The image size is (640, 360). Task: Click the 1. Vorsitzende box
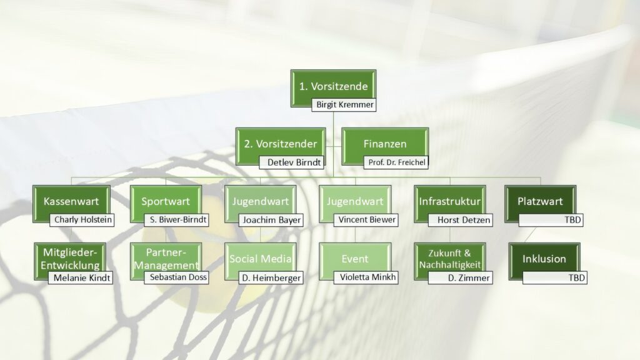click(334, 86)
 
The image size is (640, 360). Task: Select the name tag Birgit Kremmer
click(344, 104)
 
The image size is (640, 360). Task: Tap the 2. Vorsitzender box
click(281, 143)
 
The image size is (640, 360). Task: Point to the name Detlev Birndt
click(292, 162)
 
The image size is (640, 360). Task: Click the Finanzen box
click(385, 143)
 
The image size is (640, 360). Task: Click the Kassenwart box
click(71, 201)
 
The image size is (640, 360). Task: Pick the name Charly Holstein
click(82, 220)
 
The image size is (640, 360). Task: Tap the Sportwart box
click(166, 201)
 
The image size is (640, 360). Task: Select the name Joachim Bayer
click(272, 220)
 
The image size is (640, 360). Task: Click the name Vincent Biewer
click(366, 220)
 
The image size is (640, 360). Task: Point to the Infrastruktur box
click(450, 201)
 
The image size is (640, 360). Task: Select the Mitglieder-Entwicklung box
click(71, 258)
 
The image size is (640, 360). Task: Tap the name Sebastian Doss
click(176, 277)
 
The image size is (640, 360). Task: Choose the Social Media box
click(260, 258)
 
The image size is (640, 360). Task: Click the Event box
click(354, 258)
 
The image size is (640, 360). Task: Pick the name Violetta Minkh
click(366, 277)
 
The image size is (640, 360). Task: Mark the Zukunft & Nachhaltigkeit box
click(450, 258)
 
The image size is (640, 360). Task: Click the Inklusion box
click(544, 258)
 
